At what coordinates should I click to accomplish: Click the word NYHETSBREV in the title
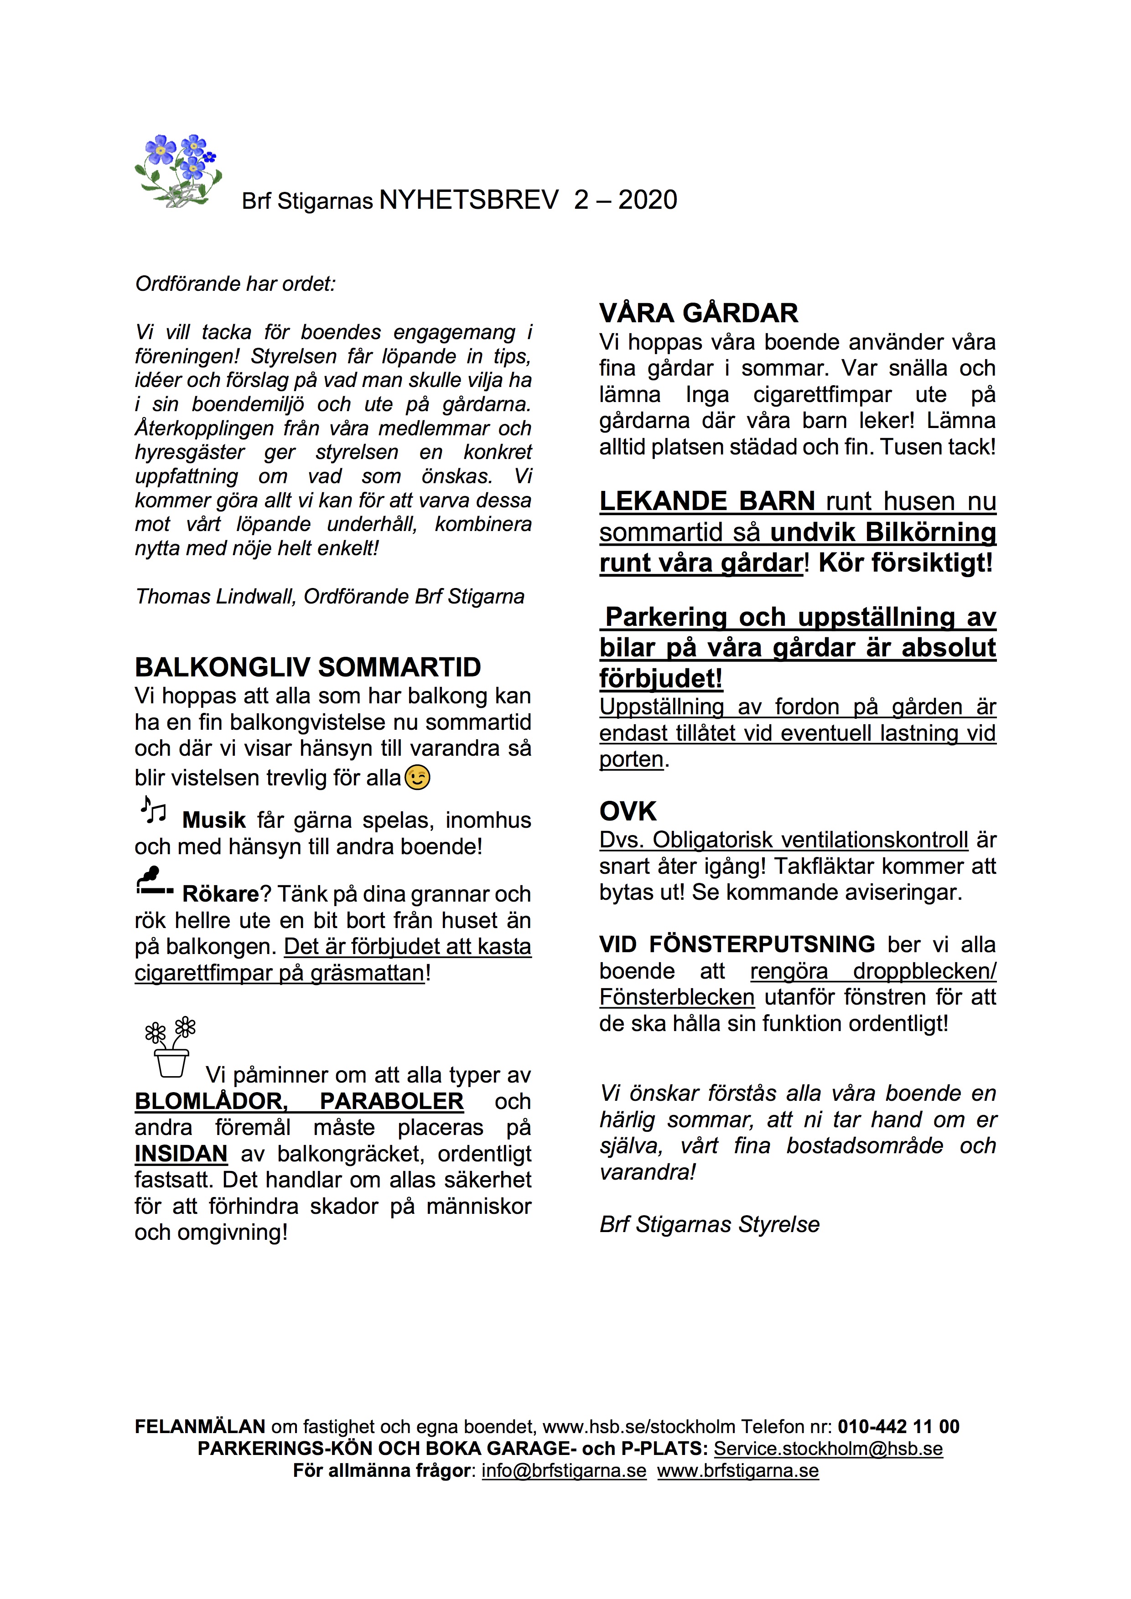click(x=469, y=201)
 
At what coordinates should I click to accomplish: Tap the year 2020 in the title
click(x=648, y=201)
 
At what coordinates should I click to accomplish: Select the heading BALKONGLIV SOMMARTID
click(x=307, y=667)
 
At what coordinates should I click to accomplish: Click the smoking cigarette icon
click(x=154, y=882)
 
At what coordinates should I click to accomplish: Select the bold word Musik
click(x=214, y=820)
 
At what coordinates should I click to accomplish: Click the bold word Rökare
click(x=220, y=894)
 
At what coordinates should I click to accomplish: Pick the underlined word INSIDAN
click(x=181, y=1154)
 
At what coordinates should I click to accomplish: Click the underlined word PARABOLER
click(x=392, y=1102)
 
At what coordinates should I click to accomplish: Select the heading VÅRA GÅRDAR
click(x=698, y=314)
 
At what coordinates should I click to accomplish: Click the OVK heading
click(x=627, y=811)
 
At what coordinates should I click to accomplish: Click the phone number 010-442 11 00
click(x=898, y=1427)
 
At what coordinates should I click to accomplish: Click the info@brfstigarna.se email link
click(x=564, y=1471)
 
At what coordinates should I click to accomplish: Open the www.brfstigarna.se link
click(x=738, y=1471)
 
